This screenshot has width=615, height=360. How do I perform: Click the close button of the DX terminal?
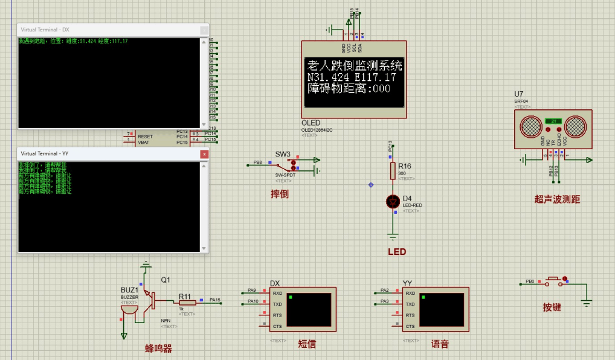pos(204,30)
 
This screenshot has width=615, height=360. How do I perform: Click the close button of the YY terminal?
pos(204,154)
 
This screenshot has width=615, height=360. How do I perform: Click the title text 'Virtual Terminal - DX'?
pos(45,30)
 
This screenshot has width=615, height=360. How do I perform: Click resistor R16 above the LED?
pos(393,170)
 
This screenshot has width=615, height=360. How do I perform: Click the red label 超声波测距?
pos(557,199)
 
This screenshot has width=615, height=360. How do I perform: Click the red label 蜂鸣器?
pos(158,349)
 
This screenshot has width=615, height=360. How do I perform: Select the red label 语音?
pos(440,344)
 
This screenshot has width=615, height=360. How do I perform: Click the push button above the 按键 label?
pos(553,281)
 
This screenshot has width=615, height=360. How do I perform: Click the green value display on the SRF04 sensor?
pos(553,120)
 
